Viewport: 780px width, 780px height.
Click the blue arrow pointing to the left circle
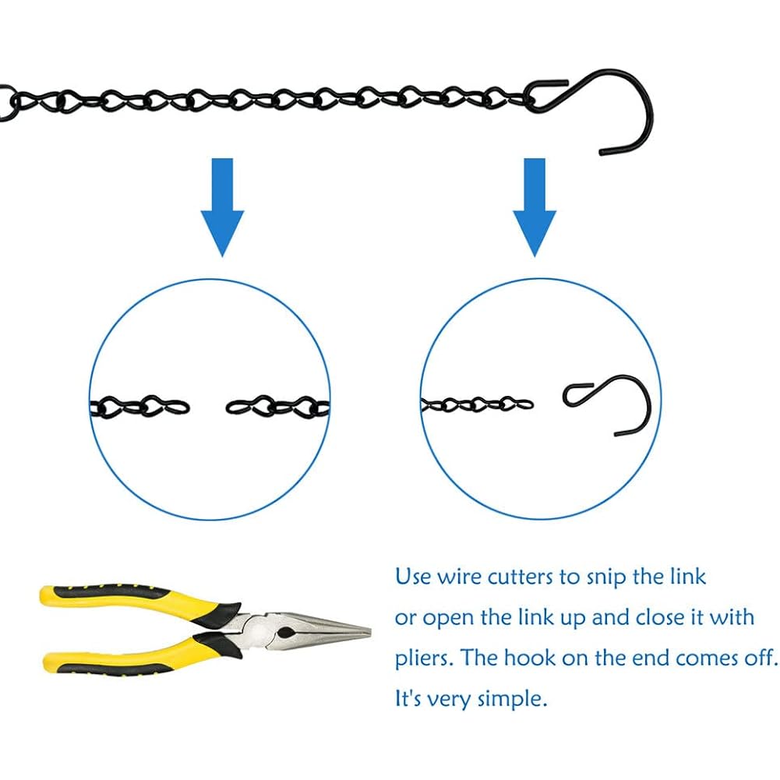[222, 206]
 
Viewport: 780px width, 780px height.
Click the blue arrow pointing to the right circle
[535, 206]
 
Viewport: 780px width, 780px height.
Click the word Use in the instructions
[413, 577]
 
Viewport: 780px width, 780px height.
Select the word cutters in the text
[521, 577]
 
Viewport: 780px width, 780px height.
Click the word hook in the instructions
[529, 658]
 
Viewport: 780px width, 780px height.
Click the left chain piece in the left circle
[139, 407]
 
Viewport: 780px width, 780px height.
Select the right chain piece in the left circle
[277, 407]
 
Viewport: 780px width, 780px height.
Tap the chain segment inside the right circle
[477, 404]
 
